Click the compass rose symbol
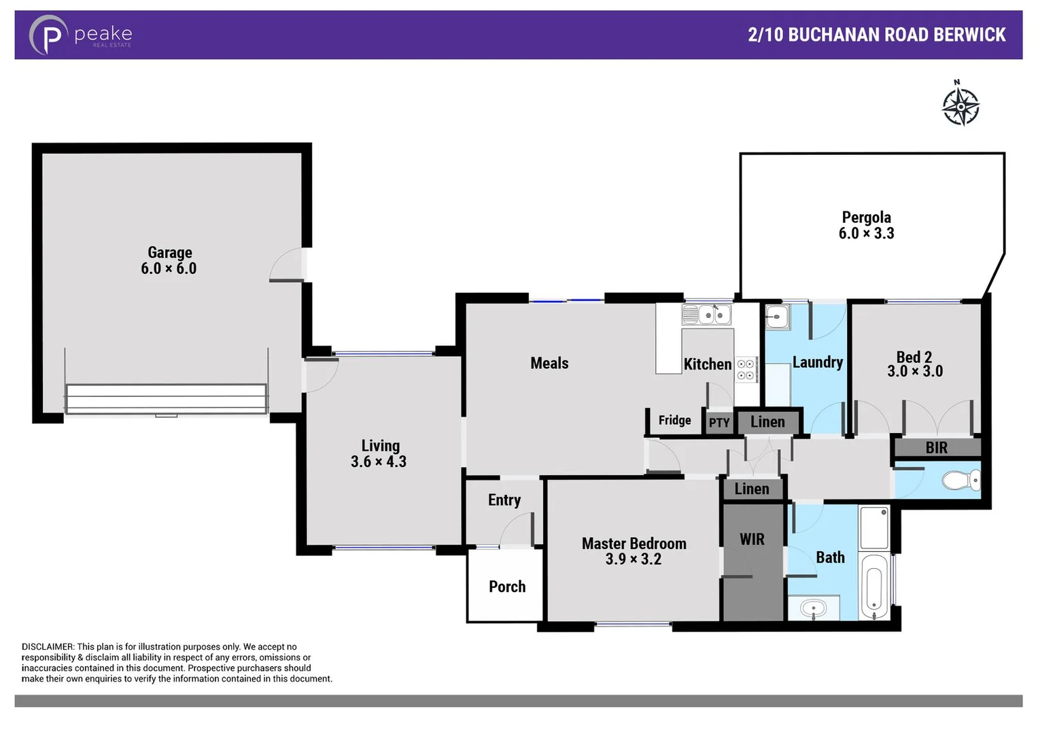[960, 105]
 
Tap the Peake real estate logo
[80, 35]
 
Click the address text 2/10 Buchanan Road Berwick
[876, 35]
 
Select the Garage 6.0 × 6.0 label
[169, 260]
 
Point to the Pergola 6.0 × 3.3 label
[866, 225]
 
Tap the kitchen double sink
[707, 315]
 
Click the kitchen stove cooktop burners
[746, 370]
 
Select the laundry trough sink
[777, 316]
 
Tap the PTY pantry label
[719, 423]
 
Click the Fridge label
[674, 420]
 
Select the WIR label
[752, 540]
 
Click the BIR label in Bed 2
[936, 448]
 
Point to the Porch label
[507, 587]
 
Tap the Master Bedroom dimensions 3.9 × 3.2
[633, 559]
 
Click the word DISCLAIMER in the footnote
[48, 647]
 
